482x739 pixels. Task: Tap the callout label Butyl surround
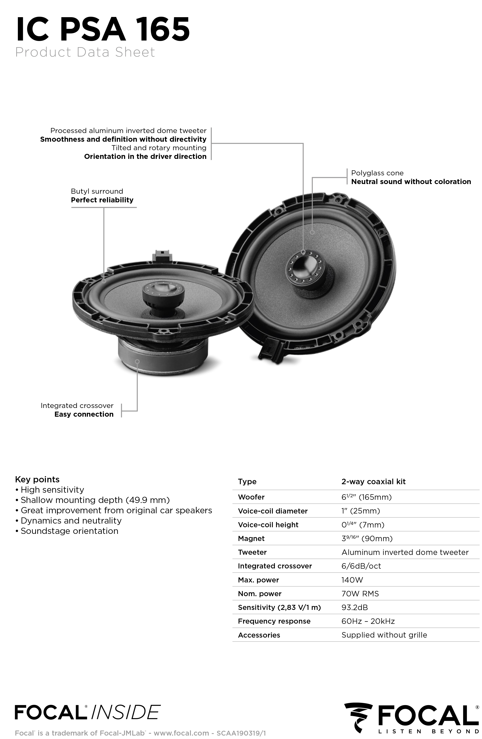[97, 191]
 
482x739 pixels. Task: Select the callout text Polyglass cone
[377, 173]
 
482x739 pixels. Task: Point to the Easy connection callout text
[84, 414]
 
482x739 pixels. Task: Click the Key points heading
[37, 479]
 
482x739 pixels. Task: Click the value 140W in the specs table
[352, 580]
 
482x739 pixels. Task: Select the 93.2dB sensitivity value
[355, 607]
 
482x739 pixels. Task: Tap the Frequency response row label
[274, 621]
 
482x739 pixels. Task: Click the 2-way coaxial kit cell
[373, 482]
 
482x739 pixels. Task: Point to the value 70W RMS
[360, 594]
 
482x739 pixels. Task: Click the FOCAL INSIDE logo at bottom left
[87, 712]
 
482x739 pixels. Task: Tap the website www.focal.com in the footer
[181, 733]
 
